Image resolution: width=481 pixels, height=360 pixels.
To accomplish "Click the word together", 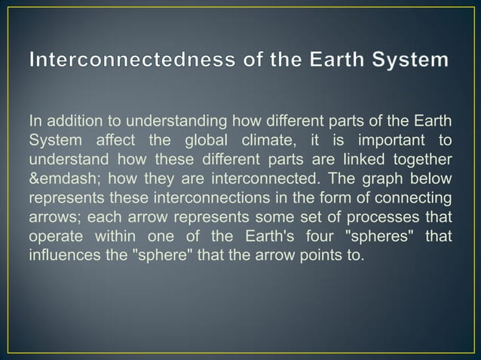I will [424, 160].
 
